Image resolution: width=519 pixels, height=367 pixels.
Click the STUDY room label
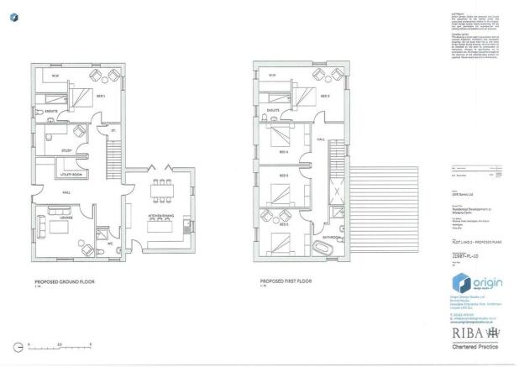(55, 151)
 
